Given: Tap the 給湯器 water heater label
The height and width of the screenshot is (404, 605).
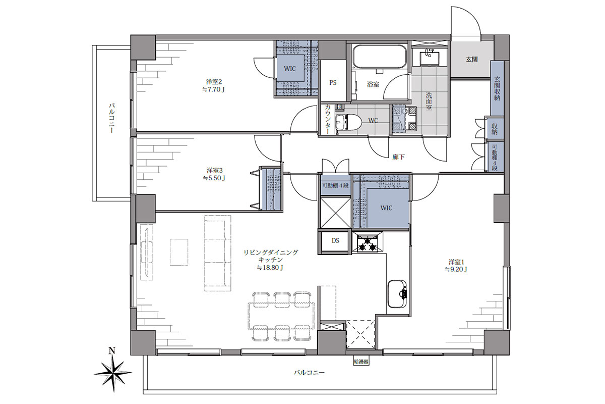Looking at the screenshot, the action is click(x=361, y=362).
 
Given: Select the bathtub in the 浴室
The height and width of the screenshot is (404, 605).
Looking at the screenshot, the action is click(x=380, y=57).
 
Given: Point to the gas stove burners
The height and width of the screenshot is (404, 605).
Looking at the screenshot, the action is click(x=368, y=243).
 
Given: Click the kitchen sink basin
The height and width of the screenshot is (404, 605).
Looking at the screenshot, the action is click(x=397, y=294).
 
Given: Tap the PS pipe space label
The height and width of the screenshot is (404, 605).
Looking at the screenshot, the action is click(x=333, y=82).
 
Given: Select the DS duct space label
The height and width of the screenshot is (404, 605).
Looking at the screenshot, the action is click(x=335, y=240).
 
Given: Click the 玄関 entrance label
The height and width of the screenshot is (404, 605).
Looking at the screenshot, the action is click(x=471, y=60).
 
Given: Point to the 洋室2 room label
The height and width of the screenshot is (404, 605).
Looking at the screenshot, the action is click(x=214, y=81).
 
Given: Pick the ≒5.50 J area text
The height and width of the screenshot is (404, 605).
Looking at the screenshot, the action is click(x=214, y=178).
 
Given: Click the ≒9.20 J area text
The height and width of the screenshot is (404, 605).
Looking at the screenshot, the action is click(x=456, y=269).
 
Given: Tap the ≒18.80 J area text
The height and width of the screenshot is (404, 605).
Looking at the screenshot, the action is click(x=270, y=268).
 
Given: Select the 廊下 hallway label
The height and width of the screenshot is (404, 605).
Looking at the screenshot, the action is click(x=398, y=157).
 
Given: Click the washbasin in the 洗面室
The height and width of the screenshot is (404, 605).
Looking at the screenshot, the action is click(x=429, y=58).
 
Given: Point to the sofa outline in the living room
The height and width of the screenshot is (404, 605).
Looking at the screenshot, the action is click(x=218, y=253).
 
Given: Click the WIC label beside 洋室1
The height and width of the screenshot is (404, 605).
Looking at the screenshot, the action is click(x=386, y=208).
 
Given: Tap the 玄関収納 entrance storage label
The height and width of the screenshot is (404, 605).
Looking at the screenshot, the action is click(x=497, y=88).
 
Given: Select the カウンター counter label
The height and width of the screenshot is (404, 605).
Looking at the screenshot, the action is click(x=328, y=119).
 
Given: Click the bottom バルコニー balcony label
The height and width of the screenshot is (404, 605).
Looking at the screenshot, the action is click(x=309, y=372).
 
